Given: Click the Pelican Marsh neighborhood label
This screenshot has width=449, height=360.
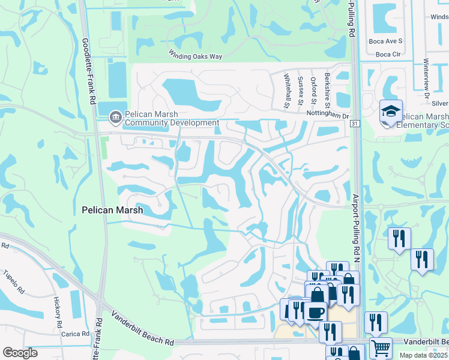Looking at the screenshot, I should (112, 210).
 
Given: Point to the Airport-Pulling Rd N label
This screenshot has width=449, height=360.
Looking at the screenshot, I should (355, 228).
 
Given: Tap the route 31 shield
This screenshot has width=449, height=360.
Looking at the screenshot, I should (355, 124).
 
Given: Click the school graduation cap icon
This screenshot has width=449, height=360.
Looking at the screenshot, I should (390, 111).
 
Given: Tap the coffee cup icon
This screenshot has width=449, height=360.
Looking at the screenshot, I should (316, 311).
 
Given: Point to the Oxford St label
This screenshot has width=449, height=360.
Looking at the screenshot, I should (313, 88).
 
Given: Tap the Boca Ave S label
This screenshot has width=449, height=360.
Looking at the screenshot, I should (385, 41).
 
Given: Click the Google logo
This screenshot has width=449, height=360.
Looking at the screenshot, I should (20, 353).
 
